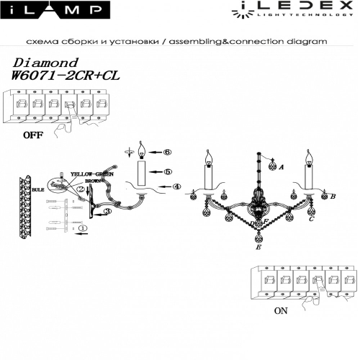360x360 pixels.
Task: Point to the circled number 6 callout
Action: click(166, 153)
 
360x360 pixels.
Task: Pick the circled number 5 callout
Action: click(166, 172)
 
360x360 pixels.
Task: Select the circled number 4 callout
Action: click(175, 187)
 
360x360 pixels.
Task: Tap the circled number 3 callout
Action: click(107, 212)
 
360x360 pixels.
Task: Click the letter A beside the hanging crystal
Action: click(282, 166)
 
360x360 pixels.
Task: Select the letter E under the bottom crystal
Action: click(257, 246)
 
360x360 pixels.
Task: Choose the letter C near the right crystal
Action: click(310, 220)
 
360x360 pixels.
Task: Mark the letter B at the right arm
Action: click(332, 196)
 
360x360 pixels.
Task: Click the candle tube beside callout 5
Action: click(143, 173)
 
